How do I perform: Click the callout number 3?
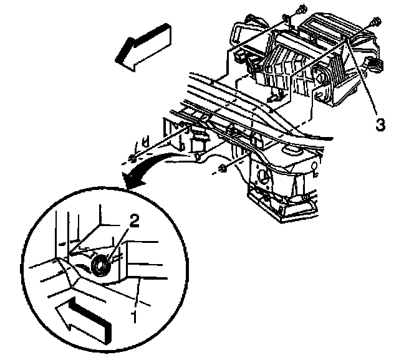[380, 125]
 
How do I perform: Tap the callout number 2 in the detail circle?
[134, 221]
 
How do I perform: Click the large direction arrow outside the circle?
[143, 47]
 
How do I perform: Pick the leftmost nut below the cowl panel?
[132, 159]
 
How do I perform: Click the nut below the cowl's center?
[223, 169]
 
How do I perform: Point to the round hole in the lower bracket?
[262, 177]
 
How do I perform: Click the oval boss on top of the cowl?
[293, 151]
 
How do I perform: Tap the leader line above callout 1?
[138, 293]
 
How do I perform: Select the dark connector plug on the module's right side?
[375, 65]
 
